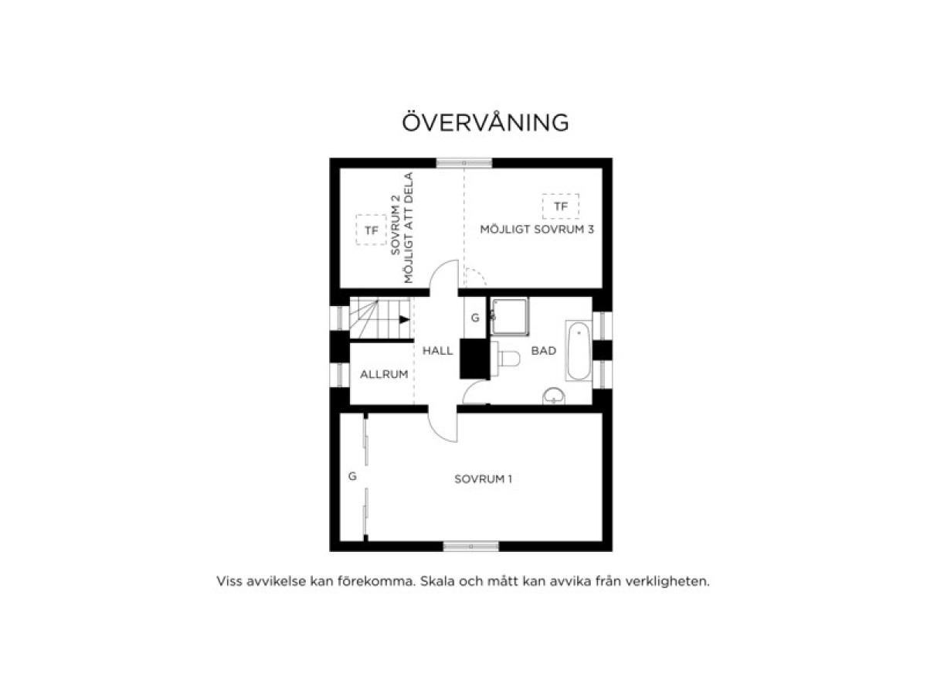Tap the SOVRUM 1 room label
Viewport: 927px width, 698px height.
(x=483, y=479)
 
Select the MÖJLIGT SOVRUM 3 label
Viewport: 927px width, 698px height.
(x=537, y=230)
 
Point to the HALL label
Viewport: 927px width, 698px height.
(x=437, y=350)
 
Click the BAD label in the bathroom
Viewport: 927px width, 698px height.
(x=544, y=350)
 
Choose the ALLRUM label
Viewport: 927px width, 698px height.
(x=384, y=374)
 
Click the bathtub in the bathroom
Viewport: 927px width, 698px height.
(x=579, y=351)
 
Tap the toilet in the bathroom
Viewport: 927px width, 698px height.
(x=505, y=359)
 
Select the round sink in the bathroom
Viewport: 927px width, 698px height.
(x=554, y=396)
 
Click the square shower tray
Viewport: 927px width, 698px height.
(x=509, y=316)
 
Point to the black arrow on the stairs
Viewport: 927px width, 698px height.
(x=405, y=319)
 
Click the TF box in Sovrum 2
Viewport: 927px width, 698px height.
(x=372, y=230)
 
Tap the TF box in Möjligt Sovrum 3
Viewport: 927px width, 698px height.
(x=560, y=206)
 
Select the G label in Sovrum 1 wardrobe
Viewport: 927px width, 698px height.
(x=352, y=476)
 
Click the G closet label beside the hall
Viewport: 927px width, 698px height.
(x=475, y=318)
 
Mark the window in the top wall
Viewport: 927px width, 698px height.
(x=463, y=162)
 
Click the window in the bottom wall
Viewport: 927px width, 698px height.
(x=471, y=546)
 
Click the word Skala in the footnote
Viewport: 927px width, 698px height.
(x=436, y=581)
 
